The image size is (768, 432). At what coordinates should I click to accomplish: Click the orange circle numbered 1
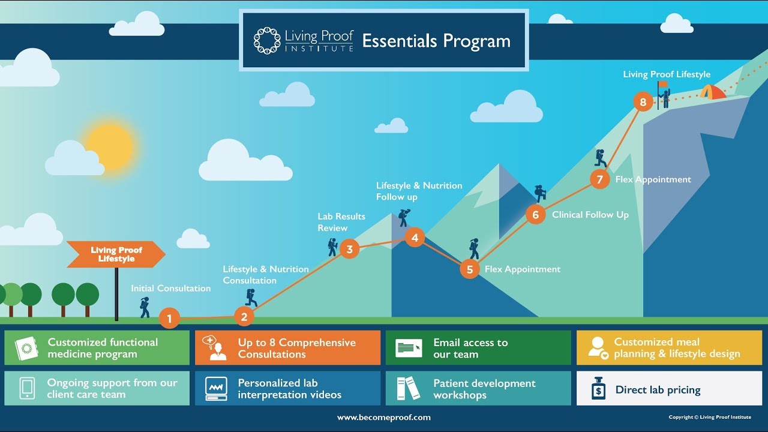click(169, 319)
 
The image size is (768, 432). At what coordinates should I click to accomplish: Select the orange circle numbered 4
click(415, 238)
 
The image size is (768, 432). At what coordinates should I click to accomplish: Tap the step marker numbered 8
click(643, 102)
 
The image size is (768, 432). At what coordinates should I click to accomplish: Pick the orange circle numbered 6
click(536, 215)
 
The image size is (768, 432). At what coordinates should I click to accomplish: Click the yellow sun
click(109, 146)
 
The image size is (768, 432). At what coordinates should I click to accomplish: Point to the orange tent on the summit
click(712, 92)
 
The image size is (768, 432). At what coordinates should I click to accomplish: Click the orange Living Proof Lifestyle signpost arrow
click(116, 254)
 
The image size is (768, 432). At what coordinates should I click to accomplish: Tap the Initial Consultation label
click(171, 289)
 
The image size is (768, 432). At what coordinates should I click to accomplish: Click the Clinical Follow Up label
click(590, 215)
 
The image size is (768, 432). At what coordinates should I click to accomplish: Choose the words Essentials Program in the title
click(436, 41)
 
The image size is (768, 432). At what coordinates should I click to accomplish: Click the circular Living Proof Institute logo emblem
click(267, 41)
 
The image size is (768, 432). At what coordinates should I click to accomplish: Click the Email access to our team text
click(470, 348)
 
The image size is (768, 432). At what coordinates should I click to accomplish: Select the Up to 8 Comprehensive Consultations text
click(296, 348)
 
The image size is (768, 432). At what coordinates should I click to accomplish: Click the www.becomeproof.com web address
click(384, 418)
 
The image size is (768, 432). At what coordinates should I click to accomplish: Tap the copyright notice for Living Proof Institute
click(710, 417)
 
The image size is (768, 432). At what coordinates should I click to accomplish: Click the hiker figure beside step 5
click(474, 249)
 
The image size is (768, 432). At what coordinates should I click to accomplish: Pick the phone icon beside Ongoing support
click(27, 388)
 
